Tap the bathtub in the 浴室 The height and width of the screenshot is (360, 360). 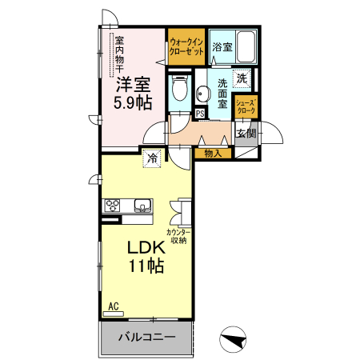click(x=246, y=47)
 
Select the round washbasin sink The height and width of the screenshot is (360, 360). click(x=202, y=94)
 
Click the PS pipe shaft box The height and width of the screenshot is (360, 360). click(x=200, y=114)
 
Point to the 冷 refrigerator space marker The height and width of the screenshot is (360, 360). click(x=152, y=158)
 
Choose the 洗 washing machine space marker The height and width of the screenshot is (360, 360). click(x=242, y=78)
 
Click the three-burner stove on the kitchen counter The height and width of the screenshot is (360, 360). click(x=112, y=206)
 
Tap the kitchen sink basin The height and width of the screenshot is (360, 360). click(x=142, y=206)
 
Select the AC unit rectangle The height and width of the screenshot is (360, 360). click(x=114, y=314)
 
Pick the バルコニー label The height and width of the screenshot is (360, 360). click(x=147, y=338)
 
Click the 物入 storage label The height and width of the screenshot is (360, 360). click(x=213, y=154)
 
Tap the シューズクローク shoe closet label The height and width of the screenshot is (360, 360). click(x=246, y=106)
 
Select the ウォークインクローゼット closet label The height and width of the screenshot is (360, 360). click(x=186, y=46)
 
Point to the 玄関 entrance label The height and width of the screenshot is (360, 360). click(x=246, y=133)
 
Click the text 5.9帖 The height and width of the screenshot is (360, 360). click(x=133, y=102)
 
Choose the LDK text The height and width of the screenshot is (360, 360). click(x=146, y=247)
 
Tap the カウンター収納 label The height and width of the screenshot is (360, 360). click(x=178, y=236)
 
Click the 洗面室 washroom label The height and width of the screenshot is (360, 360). click(x=222, y=94)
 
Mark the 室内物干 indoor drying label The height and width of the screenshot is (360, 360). click(x=119, y=55)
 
